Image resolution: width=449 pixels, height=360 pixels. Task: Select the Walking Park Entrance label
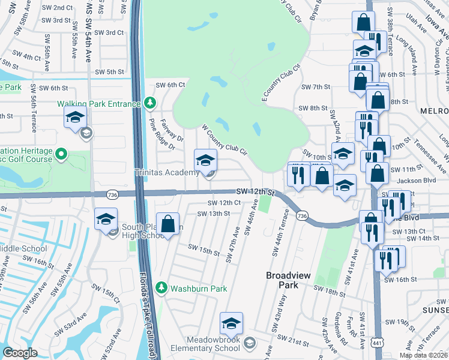coord(98,103)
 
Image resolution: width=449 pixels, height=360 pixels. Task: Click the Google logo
coord(20,353)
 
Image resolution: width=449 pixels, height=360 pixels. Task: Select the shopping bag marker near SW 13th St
coord(168,224)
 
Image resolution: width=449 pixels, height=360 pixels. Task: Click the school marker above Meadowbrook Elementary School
coord(231,323)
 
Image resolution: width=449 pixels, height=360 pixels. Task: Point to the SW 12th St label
coord(255,191)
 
